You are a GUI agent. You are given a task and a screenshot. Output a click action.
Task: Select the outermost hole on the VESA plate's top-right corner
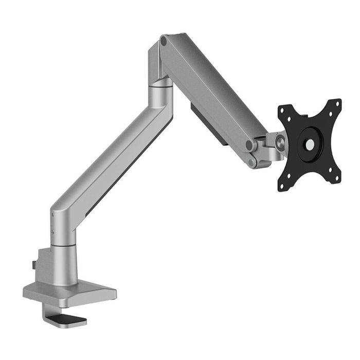[337, 103]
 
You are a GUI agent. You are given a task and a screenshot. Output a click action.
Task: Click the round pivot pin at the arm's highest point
[164, 40]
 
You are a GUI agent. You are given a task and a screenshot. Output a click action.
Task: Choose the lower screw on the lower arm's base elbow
[53, 232]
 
